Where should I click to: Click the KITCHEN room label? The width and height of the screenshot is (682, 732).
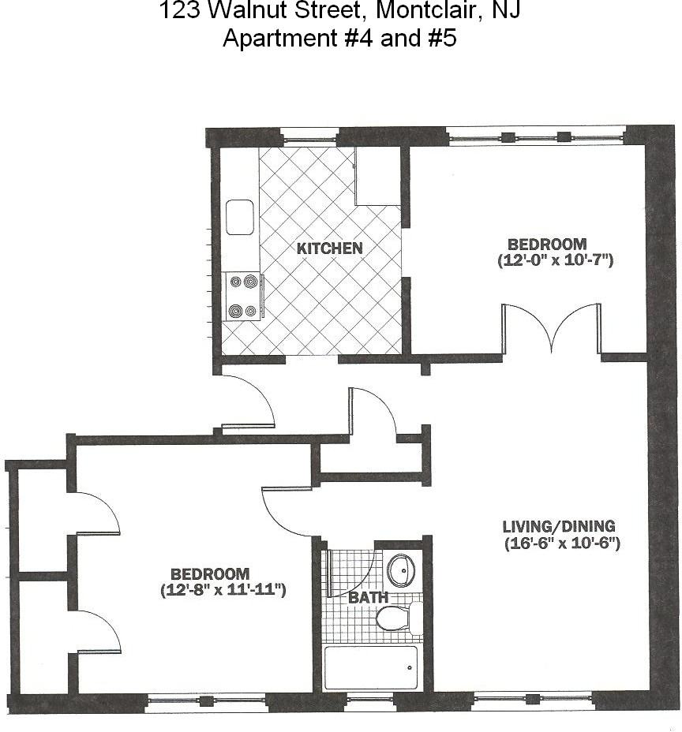tap(330, 248)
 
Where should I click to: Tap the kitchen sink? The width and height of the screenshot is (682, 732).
tap(239, 217)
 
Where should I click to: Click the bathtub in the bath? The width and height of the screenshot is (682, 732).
tap(371, 668)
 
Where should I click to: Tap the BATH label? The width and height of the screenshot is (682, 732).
tap(368, 598)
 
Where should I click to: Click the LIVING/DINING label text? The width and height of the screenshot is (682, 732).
tap(559, 526)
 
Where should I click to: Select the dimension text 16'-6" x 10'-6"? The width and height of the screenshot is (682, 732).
tap(561, 543)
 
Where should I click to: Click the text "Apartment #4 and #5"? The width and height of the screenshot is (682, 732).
tap(339, 38)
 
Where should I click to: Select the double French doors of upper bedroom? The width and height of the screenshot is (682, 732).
tap(552, 329)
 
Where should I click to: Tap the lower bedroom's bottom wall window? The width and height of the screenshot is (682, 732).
tap(207, 700)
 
